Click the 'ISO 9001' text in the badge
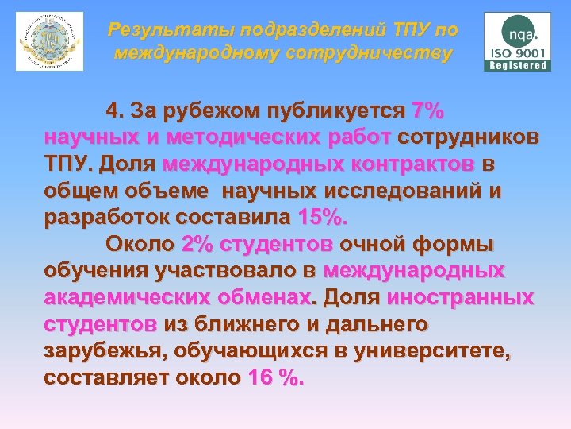[x=518, y=52]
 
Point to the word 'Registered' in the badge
[x=518, y=66]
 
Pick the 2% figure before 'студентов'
[x=197, y=243]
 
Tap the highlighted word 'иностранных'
[x=460, y=297]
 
